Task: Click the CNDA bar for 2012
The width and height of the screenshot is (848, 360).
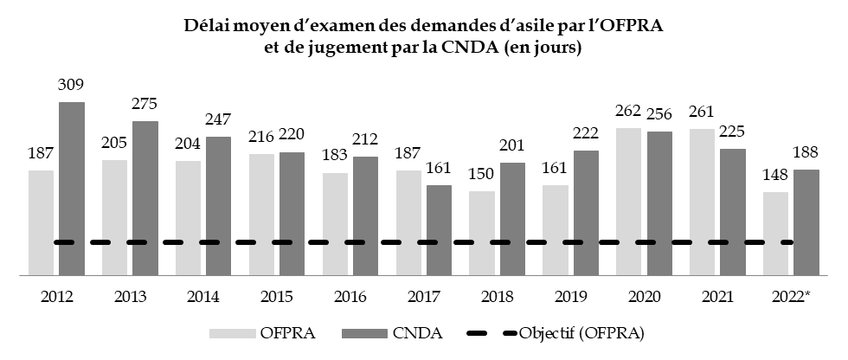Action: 72,188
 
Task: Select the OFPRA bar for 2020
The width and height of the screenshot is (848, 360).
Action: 629,201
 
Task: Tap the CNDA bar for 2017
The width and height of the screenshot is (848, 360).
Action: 440,229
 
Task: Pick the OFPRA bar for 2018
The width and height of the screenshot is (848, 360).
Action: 482,232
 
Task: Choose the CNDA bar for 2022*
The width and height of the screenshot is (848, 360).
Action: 806,222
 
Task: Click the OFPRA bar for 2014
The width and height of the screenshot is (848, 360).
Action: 189,217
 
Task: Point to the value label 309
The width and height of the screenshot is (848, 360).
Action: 72,86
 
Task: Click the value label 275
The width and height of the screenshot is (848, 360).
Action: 145,105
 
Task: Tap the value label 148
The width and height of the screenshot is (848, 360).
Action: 776,176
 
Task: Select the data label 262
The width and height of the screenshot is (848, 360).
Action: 629,112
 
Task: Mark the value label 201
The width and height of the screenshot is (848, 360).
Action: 513,146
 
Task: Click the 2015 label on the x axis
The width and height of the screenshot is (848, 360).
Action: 277,296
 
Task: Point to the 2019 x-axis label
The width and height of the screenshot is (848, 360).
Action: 571,296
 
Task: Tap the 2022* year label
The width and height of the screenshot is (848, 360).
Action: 791,296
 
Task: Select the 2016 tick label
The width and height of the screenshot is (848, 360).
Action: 350,296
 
